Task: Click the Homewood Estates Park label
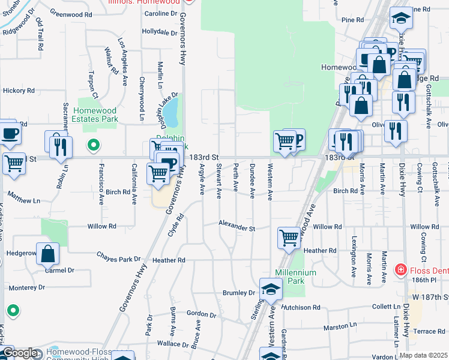(x=95, y=115)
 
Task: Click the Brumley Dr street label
(x=239, y=293)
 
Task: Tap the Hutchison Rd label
(x=300, y=307)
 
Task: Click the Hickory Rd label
(x=19, y=91)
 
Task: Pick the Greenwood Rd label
(x=71, y=13)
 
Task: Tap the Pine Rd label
(x=352, y=20)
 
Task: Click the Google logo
(x=20, y=353)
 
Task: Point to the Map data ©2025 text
(x=423, y=355)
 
